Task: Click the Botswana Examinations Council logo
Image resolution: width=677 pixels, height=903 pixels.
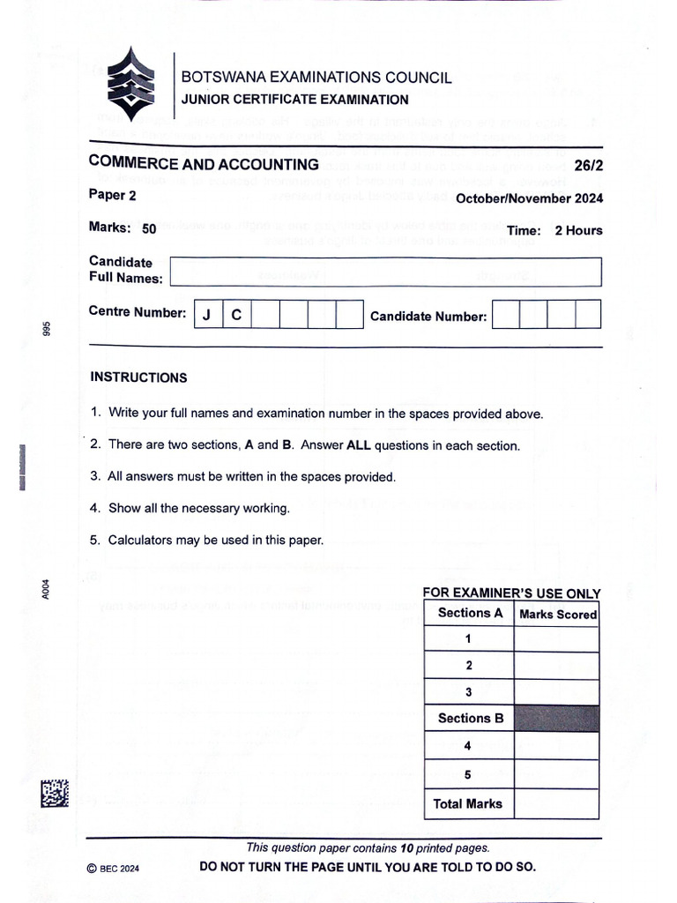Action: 130,85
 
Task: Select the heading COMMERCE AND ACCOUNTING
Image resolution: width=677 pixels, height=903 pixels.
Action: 204,164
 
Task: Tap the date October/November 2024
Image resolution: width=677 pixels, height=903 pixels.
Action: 529,198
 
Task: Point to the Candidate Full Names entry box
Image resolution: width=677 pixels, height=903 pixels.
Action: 385,272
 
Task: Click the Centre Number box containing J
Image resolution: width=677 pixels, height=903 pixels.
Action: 207,315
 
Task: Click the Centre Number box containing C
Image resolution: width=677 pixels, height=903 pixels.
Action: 236,315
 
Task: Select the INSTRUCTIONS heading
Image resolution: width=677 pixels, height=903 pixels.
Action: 138,377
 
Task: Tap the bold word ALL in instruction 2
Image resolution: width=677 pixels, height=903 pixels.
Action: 359,445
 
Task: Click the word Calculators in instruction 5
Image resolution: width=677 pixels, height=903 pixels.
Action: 138,540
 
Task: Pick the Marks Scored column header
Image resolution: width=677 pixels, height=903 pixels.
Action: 557,614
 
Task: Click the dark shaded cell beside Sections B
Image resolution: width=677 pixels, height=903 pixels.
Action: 556,718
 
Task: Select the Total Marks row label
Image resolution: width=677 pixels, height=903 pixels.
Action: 468,803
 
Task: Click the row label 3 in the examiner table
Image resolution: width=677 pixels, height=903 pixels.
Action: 468,692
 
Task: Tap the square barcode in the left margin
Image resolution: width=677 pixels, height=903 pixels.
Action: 54,794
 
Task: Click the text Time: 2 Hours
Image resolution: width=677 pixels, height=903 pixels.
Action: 554,230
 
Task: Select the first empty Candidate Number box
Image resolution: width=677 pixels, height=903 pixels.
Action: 505,315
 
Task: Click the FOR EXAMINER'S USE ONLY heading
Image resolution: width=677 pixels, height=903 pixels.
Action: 511,593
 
